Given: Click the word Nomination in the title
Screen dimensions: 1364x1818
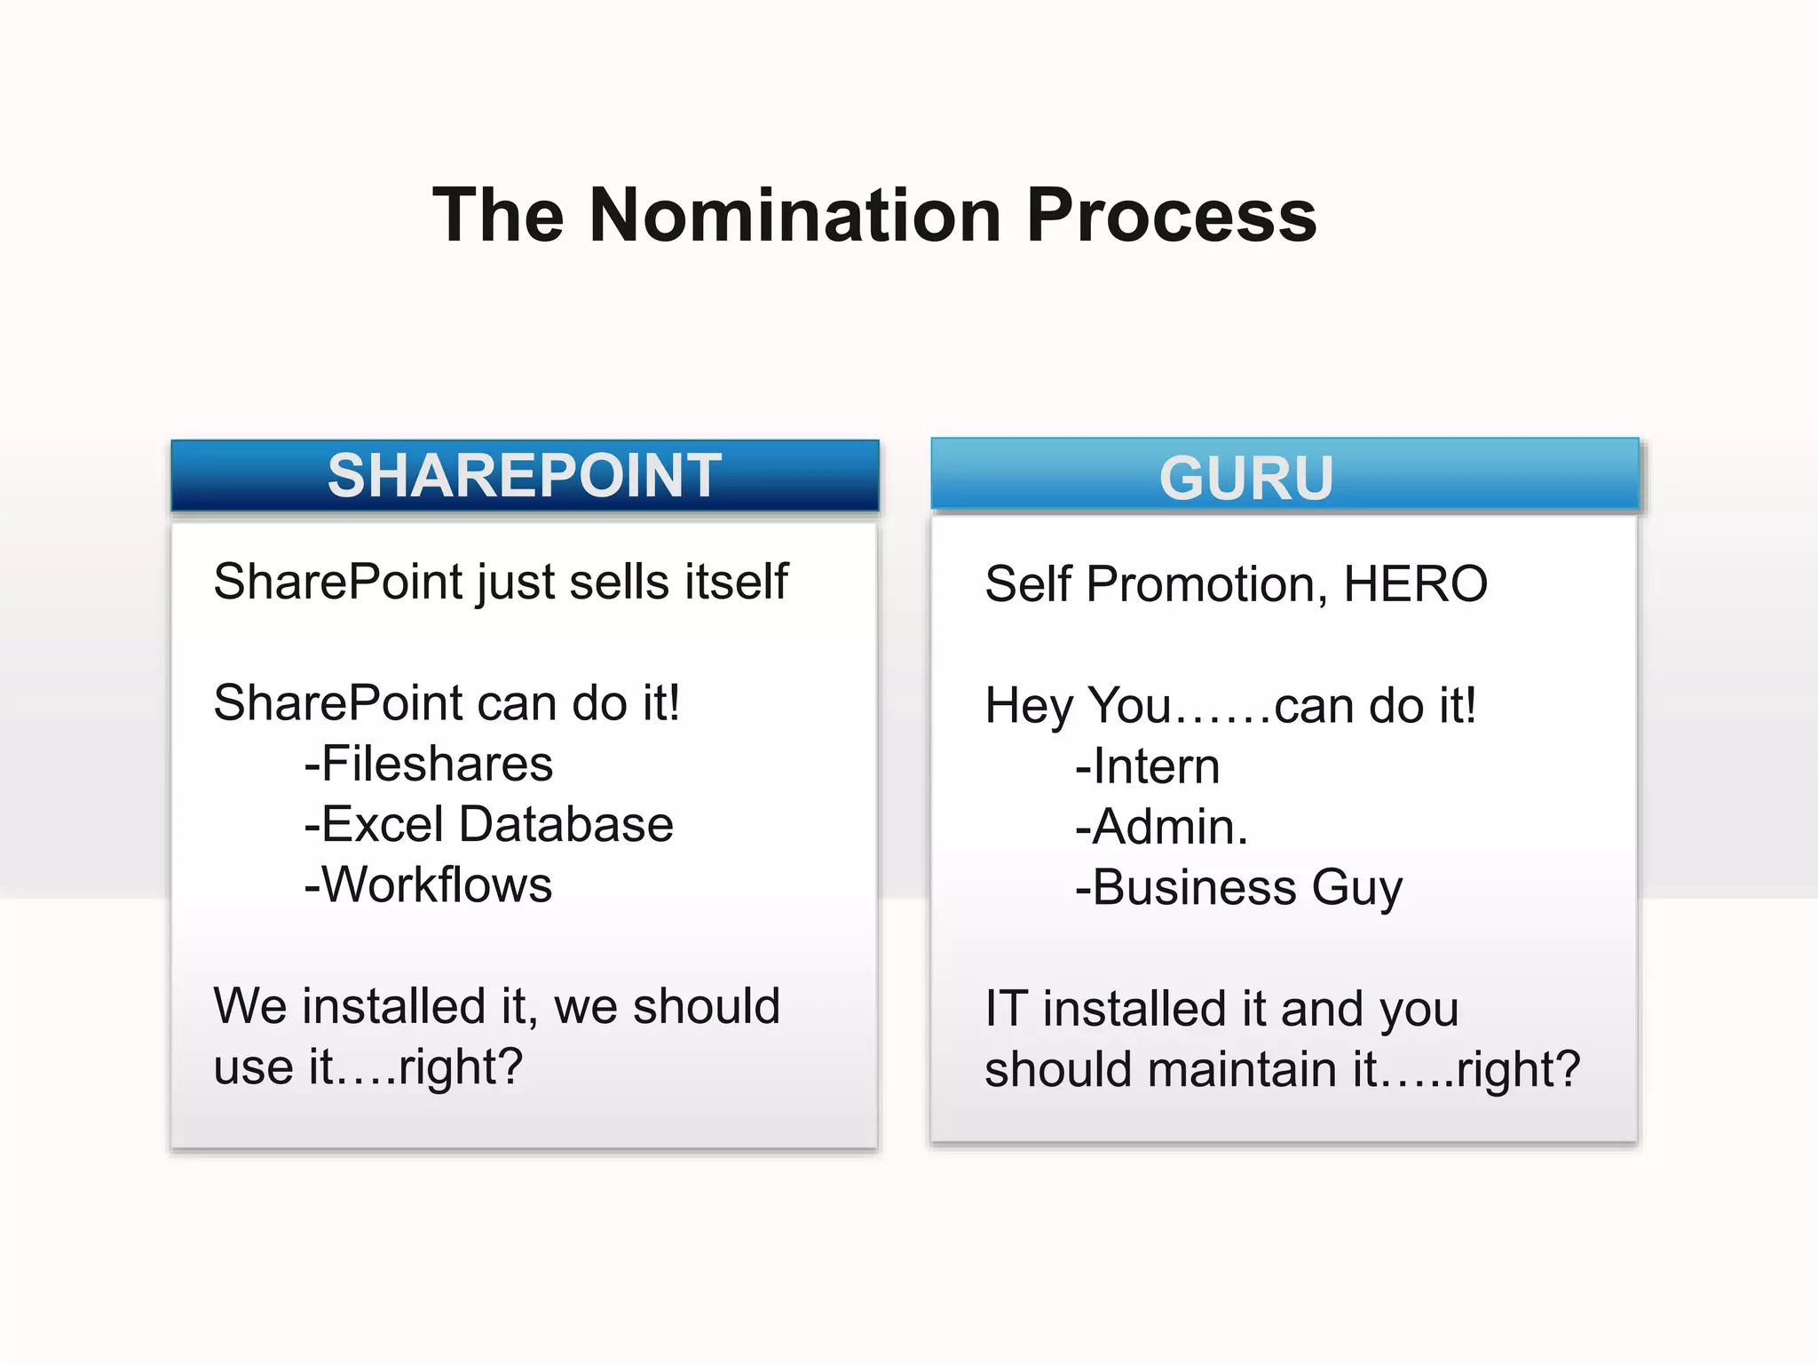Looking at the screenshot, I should (x=794, y=216).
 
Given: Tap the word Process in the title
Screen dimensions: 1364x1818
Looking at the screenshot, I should (x=1171, y=216).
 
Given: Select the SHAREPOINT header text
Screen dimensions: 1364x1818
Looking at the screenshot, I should (x=524, y=476).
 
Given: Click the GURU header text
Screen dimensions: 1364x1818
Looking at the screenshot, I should (x=1245, y=479).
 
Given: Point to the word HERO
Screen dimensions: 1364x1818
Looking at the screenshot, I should (x=1415, y=584).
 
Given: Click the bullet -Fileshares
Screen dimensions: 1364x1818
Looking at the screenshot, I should (x=428, y=764).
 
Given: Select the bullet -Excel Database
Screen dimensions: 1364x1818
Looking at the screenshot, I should (x=488, y=824).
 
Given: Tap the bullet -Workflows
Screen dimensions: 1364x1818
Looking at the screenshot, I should (x=428, y=884).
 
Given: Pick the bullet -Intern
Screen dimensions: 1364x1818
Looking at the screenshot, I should (x=1147, y=766).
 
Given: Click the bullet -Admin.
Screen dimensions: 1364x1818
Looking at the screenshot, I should (x=1161, y=827).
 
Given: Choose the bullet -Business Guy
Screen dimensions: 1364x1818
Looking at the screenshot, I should (x=1238, y=887).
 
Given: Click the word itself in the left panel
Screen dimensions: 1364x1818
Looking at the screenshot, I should (x=736, y=582).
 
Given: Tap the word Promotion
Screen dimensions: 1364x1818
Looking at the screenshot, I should (x=1206, y=584).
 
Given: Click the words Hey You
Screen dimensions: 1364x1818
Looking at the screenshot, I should (x=1078, y=706).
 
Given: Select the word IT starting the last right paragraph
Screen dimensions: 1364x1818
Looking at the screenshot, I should (x=1006, y=1009).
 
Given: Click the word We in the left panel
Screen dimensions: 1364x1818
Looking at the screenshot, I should (x=243, y=1006).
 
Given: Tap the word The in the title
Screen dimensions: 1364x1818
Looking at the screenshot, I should (x=498, y=216).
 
